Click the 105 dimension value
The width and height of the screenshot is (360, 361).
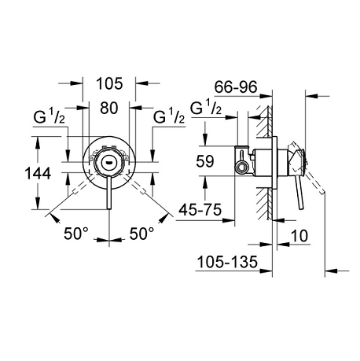point(109,84)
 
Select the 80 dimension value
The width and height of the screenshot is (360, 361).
point(108,108)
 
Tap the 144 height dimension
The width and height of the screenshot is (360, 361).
point(38,173)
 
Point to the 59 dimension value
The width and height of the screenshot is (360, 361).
point(205,161)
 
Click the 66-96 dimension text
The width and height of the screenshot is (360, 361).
point(236,87)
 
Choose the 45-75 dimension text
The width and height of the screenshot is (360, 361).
point(200,210)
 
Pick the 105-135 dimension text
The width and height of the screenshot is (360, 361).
point(227,262)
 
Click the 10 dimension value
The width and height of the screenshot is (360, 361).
point(299,236)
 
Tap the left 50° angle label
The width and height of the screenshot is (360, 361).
point(76,234)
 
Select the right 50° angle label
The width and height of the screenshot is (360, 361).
point(141,234)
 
